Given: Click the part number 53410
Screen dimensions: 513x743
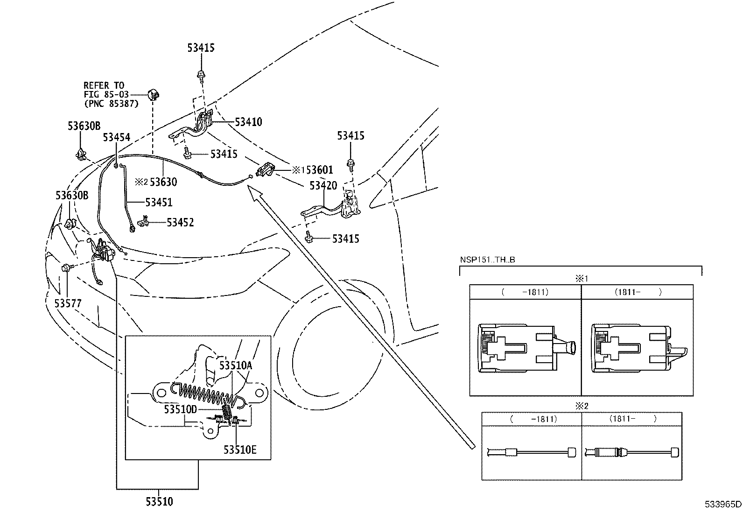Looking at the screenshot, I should tap(248, 122).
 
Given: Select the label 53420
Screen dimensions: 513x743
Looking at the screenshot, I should tap(323, 186).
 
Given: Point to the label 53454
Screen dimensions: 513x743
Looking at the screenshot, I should tap(116, 137).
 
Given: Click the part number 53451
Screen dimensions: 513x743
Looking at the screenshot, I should tap(158, 203).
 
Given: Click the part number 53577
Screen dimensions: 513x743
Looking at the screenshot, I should tap(68, 304).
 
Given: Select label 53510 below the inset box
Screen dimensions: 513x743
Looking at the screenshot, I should tap(159, 502).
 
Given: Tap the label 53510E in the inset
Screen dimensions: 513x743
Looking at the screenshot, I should tap(239, 450).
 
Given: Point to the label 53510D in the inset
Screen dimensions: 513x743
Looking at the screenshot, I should tap(180, 410).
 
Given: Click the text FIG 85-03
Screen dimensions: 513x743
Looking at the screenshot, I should tap(106, 95).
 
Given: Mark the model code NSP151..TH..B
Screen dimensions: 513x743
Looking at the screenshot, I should tap(487, 260).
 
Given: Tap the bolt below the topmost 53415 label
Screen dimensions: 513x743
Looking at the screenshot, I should tap(201, 73).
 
